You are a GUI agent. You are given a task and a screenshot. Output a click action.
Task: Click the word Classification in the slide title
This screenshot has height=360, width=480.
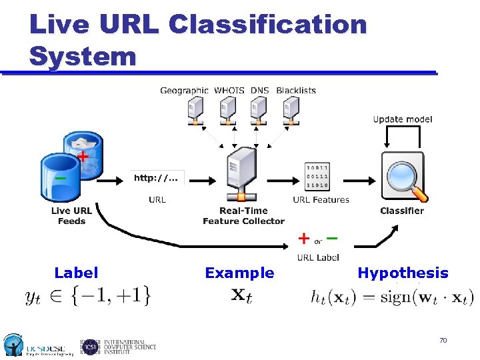(267, 25)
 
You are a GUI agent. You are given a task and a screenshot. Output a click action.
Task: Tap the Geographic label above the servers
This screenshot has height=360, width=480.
(185, 90)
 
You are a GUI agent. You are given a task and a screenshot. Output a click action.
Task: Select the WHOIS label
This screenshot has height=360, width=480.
(229, 90)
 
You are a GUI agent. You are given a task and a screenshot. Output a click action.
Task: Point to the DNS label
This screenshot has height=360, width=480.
(260, 90)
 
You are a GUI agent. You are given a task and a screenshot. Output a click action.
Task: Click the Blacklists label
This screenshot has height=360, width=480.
(295, 90)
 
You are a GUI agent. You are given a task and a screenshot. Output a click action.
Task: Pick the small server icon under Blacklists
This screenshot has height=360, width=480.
(291, 111)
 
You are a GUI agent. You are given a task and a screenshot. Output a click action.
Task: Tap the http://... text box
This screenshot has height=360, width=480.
(157, 178)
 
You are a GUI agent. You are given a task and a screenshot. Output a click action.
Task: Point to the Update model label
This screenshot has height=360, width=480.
(403, 119)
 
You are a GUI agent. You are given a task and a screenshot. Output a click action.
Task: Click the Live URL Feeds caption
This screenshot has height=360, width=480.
(71, 216)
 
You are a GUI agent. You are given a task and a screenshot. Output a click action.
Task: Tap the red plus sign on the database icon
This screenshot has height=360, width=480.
(82, 156)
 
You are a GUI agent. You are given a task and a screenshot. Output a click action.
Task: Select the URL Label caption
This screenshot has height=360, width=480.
(318, 257)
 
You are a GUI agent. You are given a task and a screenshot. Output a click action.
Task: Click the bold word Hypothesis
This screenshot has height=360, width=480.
(403, 273)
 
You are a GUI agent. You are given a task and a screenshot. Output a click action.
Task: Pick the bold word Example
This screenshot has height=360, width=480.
(239, 273)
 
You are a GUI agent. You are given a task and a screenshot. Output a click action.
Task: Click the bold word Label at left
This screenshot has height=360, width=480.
(76, 273)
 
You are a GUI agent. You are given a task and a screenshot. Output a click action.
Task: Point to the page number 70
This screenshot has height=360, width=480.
(443, 341)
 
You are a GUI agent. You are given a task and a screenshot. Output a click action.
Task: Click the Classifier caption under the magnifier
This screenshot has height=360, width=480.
(402, 211)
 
